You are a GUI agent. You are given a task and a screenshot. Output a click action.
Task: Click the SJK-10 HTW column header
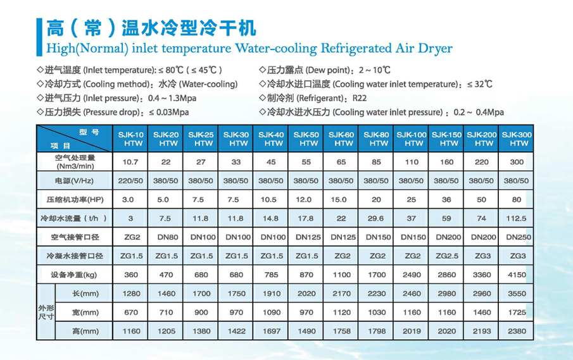[130, 139]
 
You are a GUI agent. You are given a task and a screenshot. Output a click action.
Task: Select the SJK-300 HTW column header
[516, 139]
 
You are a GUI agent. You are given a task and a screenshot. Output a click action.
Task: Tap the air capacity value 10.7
[130, 162]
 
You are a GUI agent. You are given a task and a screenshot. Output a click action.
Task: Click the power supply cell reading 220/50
[130, 181]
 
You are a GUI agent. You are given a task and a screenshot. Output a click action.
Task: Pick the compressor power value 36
[447, 200]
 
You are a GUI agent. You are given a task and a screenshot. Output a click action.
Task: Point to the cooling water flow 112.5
[516, 218]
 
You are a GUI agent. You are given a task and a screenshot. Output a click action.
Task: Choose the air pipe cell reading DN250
[516, 237]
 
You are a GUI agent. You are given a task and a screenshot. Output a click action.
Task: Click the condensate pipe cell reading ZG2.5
[447, 256]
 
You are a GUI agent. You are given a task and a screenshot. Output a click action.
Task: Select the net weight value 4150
[516, 275]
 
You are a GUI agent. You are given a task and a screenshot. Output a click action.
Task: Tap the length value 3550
[516, 294]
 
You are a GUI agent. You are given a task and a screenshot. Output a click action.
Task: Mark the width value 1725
[516, 313]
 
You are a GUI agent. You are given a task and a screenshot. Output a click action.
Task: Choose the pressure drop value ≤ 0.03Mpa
[168, 112]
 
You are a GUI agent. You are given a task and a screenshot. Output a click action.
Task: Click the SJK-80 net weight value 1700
[376, 275]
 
